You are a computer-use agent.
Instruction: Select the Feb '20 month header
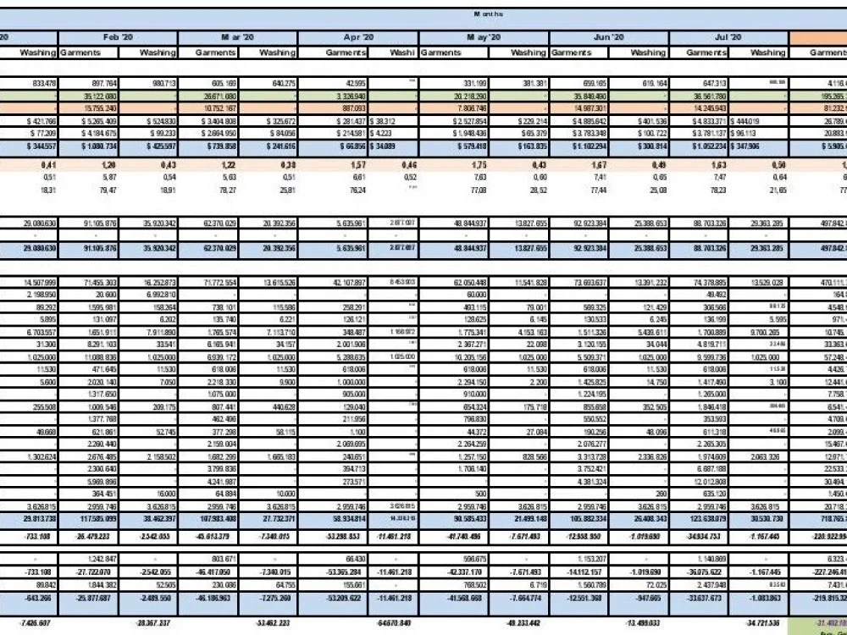118,38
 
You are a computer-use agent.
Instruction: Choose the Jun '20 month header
609,38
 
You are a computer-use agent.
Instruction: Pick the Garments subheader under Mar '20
216,52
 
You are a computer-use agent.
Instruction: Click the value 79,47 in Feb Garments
106,190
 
